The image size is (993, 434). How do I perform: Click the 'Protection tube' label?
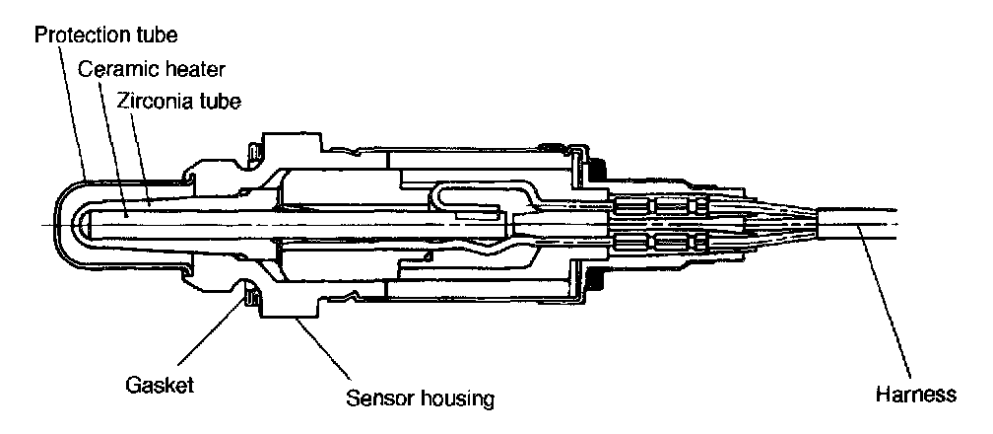(x=105, y=36)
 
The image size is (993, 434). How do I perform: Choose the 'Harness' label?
(x=915, y=395)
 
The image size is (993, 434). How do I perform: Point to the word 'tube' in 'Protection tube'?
(x=155, y=36)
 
